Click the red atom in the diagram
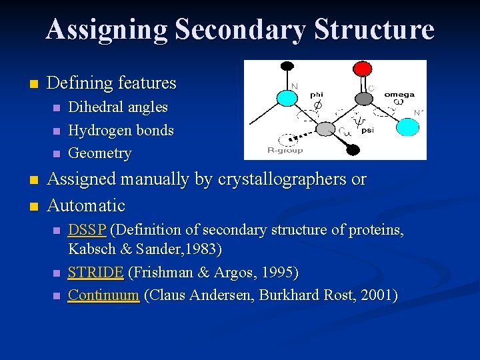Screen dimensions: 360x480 [x=362, y=68]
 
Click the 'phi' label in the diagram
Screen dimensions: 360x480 [x=317, y=95]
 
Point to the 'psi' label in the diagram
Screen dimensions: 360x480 [x=367, y=131]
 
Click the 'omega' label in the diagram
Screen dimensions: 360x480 [x=399, y=95]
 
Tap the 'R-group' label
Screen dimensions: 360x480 [x=285, y=150]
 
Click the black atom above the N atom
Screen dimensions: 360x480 [x=287, y=66]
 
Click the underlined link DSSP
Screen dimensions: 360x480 [x=87, y=231]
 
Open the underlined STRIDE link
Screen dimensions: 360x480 [x=95, y=273]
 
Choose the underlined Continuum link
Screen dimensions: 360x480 [x=103, y=295]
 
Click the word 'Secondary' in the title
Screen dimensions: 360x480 [x=241, y=30]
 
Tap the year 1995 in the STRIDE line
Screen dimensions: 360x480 [x=278, y=273]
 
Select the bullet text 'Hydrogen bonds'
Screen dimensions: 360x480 [x=121, y=130]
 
